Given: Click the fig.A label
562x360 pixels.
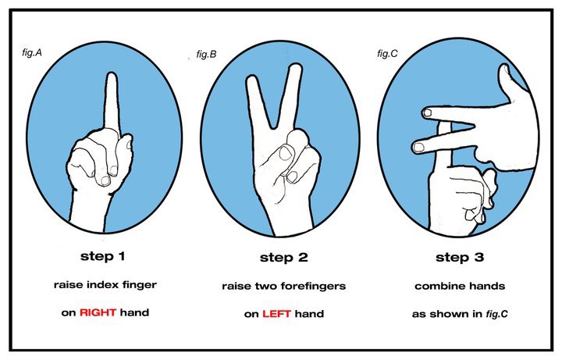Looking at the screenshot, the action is [x=32, y=52].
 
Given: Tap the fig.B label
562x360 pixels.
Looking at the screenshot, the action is [x=206, y=54].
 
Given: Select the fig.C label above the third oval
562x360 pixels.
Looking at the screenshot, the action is [x=387, y=53].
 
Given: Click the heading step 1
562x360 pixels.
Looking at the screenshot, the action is [x=103, y=256].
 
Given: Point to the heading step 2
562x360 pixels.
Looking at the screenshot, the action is [x=284, y=258].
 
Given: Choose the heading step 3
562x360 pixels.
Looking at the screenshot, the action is [x=460, y=257].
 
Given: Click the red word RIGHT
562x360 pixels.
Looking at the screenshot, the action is [x=98, y=312].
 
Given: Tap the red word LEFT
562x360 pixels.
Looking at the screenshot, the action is [x=276, y=314].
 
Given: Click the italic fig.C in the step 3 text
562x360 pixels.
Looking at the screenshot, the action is [x=496, y=314].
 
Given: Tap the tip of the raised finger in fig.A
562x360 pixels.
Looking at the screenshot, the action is [x=112, y=74].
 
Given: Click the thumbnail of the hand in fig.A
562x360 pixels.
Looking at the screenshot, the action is [x=105, y=180].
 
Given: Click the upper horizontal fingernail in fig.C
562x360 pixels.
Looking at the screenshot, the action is [x=427, y=113].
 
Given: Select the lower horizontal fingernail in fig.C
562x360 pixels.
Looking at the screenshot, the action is [x=418, y=147].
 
